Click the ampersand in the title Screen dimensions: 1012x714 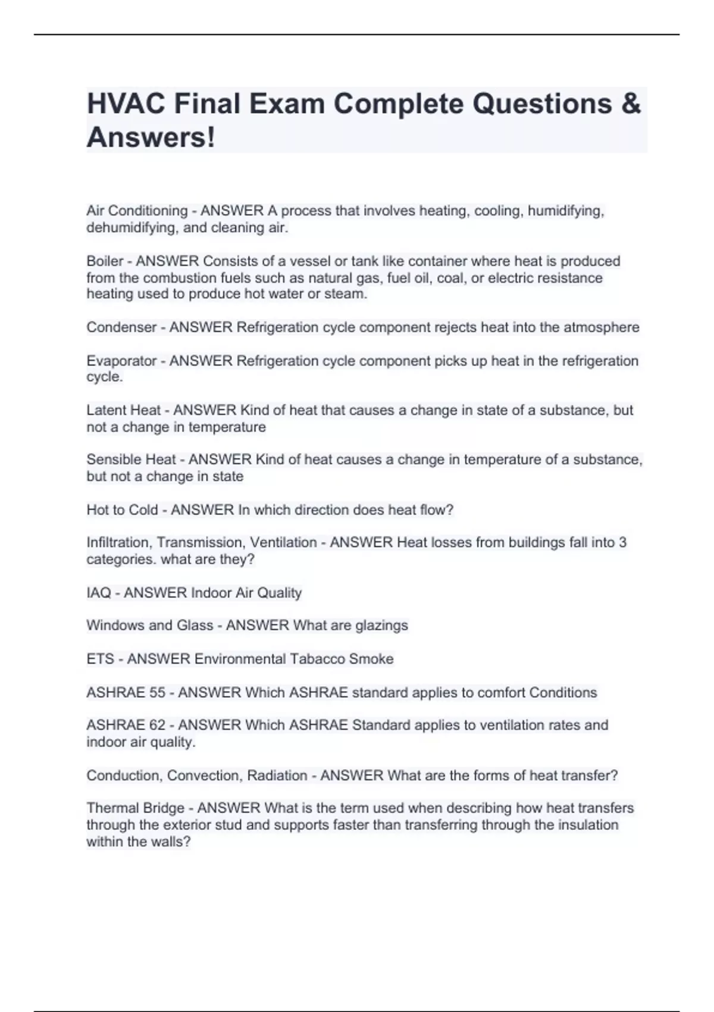(631, 104)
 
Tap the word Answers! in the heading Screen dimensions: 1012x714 (151, 138)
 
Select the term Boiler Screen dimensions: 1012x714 (105, 261)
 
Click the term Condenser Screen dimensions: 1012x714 (121, 327)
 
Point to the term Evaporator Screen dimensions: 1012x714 (121, 361)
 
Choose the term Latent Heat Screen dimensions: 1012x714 (123, 410)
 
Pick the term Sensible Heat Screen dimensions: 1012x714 (131, 460)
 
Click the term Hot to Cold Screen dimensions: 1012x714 (122, 510)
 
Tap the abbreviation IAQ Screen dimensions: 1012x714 (99, 593)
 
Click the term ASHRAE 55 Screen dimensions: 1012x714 (126, 693)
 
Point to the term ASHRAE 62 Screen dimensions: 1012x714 (126, 725)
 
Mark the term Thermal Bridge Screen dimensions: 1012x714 (135, 808)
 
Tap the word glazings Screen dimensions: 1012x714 (381, 626)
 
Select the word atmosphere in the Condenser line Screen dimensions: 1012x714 (601, 327)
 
